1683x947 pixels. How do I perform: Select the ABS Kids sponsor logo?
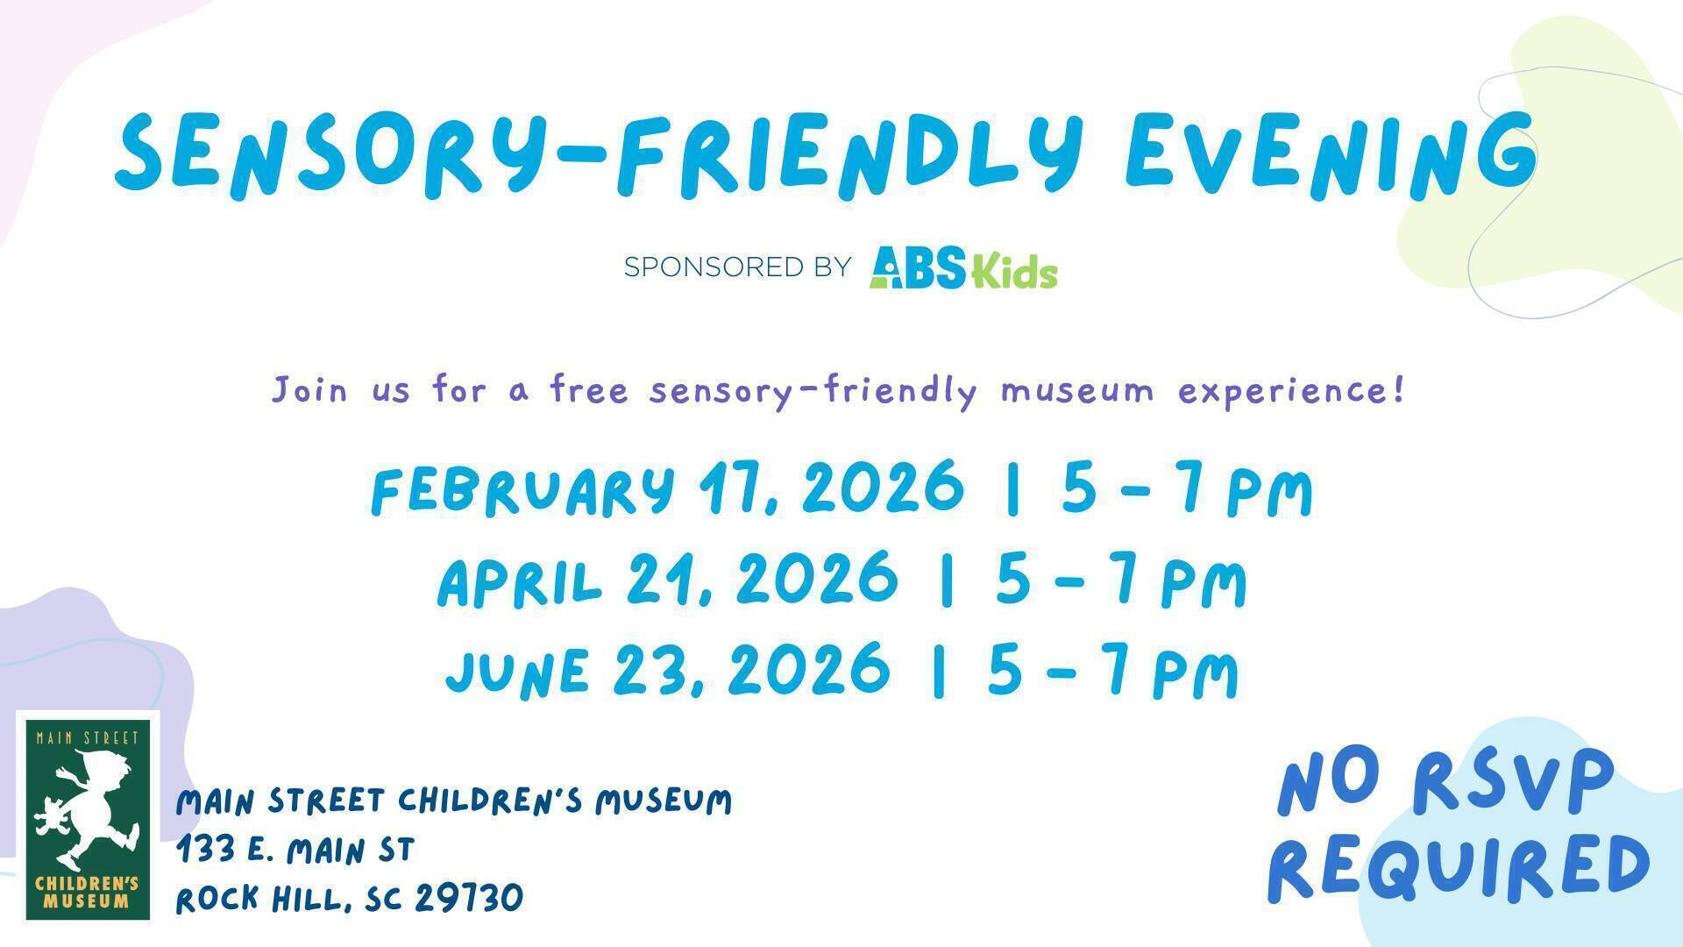click(963, 267)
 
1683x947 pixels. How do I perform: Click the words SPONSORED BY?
click(737, 266)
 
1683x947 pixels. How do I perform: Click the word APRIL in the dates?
click(521, 580)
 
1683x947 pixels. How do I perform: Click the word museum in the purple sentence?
click(1077, 389)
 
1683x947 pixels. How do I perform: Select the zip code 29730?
click(469, 898)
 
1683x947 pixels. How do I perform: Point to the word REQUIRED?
click(1459, 866)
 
